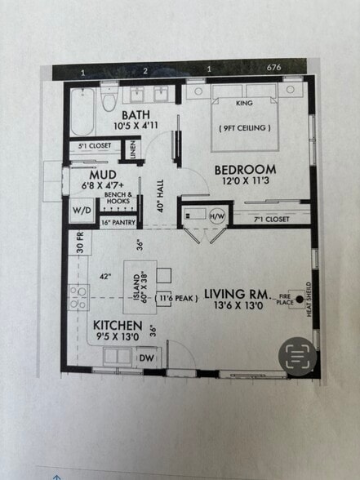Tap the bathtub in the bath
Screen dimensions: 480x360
pyautogui.click(x=82, y=114)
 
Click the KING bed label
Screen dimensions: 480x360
pyautogui.click(x=244, y=104)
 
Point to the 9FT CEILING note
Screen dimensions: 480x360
pyautogui.click(x=245, y=128)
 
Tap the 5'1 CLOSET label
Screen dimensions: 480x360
pyautogui.click(x=95, y=147)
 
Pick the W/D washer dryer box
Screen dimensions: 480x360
pyautogui.click(x=82, y=209)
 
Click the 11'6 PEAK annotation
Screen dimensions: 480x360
pyautogui.click(x=175, y=299)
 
